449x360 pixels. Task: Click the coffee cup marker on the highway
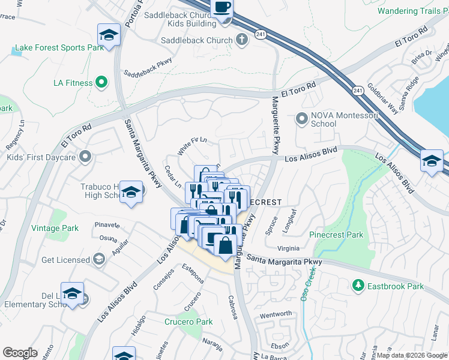click(x=222, y=8)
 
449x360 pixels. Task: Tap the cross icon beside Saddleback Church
click(x=241, y=40)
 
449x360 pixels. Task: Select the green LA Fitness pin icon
click(x=101, y=82)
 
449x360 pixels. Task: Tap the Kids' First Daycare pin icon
click(x=86, y=157)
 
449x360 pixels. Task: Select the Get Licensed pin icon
click(x=98, y=260)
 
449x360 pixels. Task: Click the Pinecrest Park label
click(x=336, y=235)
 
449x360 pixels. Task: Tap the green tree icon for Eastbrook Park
click(x=358, y=285)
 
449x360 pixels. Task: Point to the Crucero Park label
click(x=188, y=322)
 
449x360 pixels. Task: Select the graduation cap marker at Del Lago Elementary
click(x=72, y=293)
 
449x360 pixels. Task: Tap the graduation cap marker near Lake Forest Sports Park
click(x=109, y=35)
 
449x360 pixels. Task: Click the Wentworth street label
click(x=276, y=314)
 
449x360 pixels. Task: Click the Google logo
click(x=20, y=353)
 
